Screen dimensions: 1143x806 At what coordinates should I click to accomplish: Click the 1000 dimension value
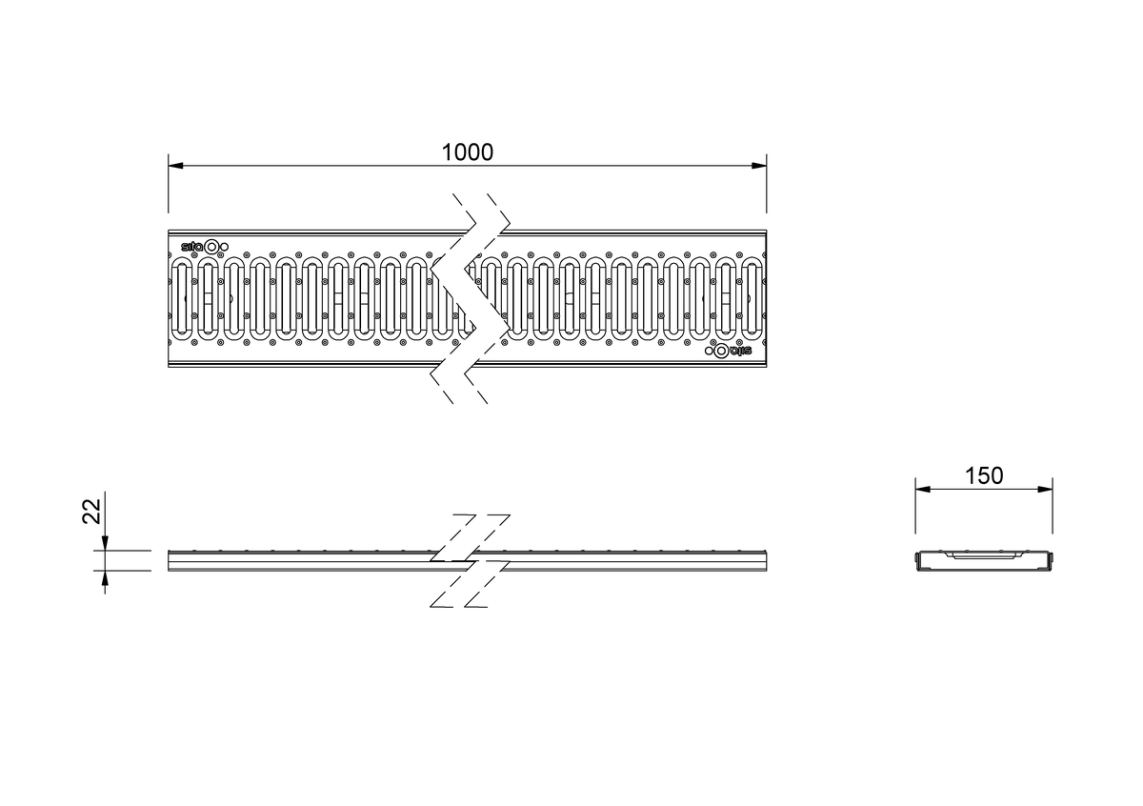pos(467,152)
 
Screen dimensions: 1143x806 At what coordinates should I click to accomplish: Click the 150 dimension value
pos(984,475)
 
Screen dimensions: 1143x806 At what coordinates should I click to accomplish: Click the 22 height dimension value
pos(91,511)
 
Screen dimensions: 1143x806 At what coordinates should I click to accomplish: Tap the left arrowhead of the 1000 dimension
pos(175,166)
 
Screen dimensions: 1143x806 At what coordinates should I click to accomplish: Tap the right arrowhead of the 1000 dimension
pos(759,166)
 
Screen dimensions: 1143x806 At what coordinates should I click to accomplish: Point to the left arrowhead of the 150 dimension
pos(923,489)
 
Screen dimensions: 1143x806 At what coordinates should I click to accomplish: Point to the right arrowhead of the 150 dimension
pos(1045,489)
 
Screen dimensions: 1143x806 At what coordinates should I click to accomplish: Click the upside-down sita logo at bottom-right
pos(729,351)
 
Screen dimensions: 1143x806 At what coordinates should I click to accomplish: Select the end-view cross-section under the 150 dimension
pos(984,560)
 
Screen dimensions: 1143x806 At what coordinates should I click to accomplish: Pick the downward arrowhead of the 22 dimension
pos(105,543)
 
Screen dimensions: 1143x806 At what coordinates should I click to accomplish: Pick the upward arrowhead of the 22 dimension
pos(105,578)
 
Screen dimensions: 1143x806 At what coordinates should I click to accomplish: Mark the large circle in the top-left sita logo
pos(211,247)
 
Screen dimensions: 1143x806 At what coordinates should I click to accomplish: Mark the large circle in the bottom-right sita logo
pos(721,351)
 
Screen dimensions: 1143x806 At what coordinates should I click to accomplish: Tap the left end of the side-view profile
pos(169,560)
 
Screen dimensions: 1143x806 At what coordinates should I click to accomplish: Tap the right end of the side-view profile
pos(766,560)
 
